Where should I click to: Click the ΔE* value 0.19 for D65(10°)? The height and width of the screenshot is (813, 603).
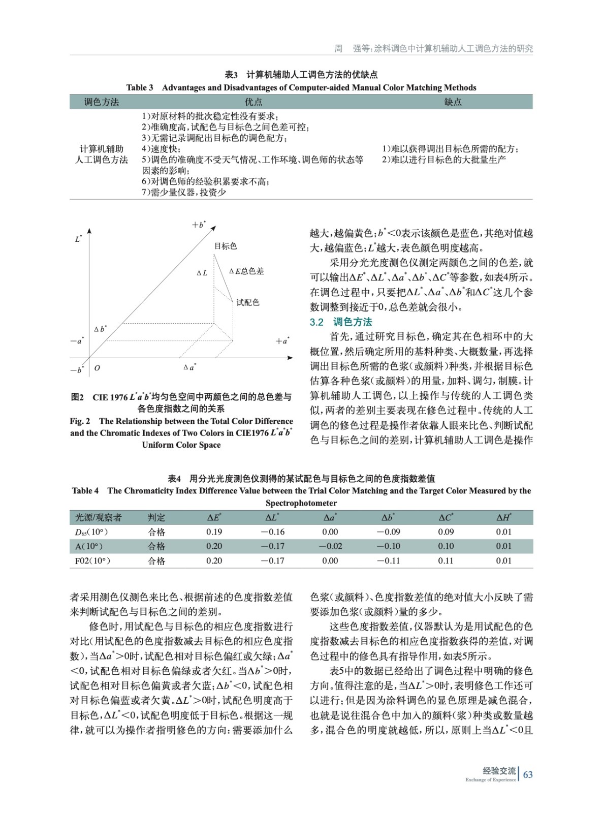(x=214, y=532)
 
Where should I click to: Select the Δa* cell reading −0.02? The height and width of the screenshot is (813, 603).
(x=330, y=546)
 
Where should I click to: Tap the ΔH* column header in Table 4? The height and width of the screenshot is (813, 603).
(x=503, y=518)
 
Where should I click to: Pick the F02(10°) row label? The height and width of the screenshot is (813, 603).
(x=92, y=561)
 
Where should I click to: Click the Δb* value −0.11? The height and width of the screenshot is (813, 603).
(x=388, y=561)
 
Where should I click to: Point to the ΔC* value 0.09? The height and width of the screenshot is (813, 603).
(x=446, y=532)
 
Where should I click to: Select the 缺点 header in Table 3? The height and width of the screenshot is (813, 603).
(x=453, y=102)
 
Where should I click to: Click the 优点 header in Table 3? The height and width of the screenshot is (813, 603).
(x=253, y=102)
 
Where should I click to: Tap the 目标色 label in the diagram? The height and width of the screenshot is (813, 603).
(x=225, y=246)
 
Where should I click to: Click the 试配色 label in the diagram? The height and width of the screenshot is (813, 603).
(x=248, y=302)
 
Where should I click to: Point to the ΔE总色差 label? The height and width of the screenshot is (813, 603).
(x=246, y=271)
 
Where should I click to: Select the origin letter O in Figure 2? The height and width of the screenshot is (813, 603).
(x=97, y=368)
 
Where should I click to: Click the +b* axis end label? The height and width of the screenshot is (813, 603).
(x=199, y=225)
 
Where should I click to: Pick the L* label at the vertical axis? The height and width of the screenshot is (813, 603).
(x=78, y=238)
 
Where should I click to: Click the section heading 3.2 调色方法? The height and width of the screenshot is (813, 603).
(x=341, y=322)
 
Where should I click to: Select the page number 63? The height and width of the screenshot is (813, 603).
(x=528, y=774)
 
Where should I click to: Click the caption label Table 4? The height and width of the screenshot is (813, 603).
(x=85, y=491)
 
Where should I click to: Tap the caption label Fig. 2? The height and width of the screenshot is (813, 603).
(x=80, y=421)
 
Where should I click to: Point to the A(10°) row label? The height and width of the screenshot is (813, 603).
(x=89, y=546)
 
